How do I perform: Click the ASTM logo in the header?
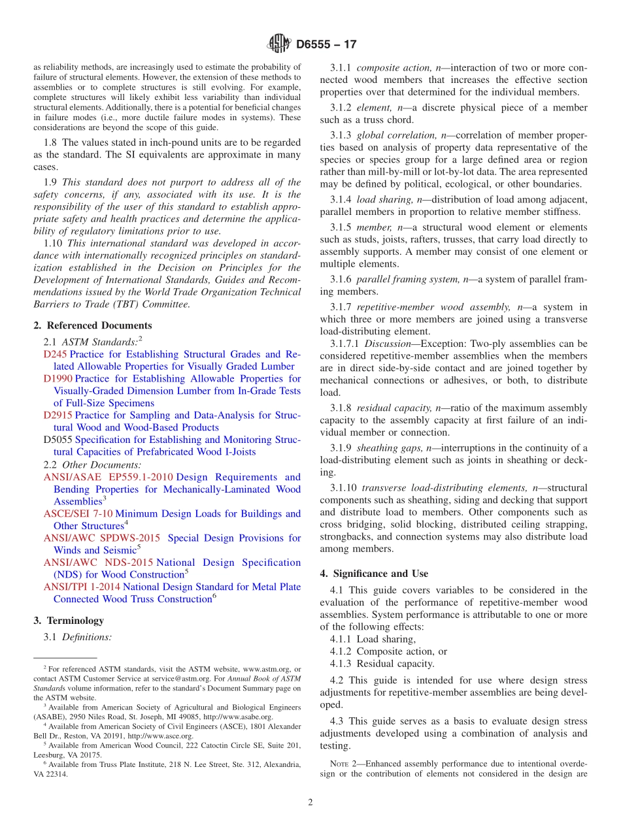279,44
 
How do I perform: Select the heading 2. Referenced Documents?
93,325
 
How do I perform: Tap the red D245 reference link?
55,354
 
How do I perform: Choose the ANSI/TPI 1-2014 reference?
82,587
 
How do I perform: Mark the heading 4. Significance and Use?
374,574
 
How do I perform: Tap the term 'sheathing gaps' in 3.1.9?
390,448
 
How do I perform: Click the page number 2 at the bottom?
310,802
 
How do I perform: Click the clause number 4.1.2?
341,651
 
